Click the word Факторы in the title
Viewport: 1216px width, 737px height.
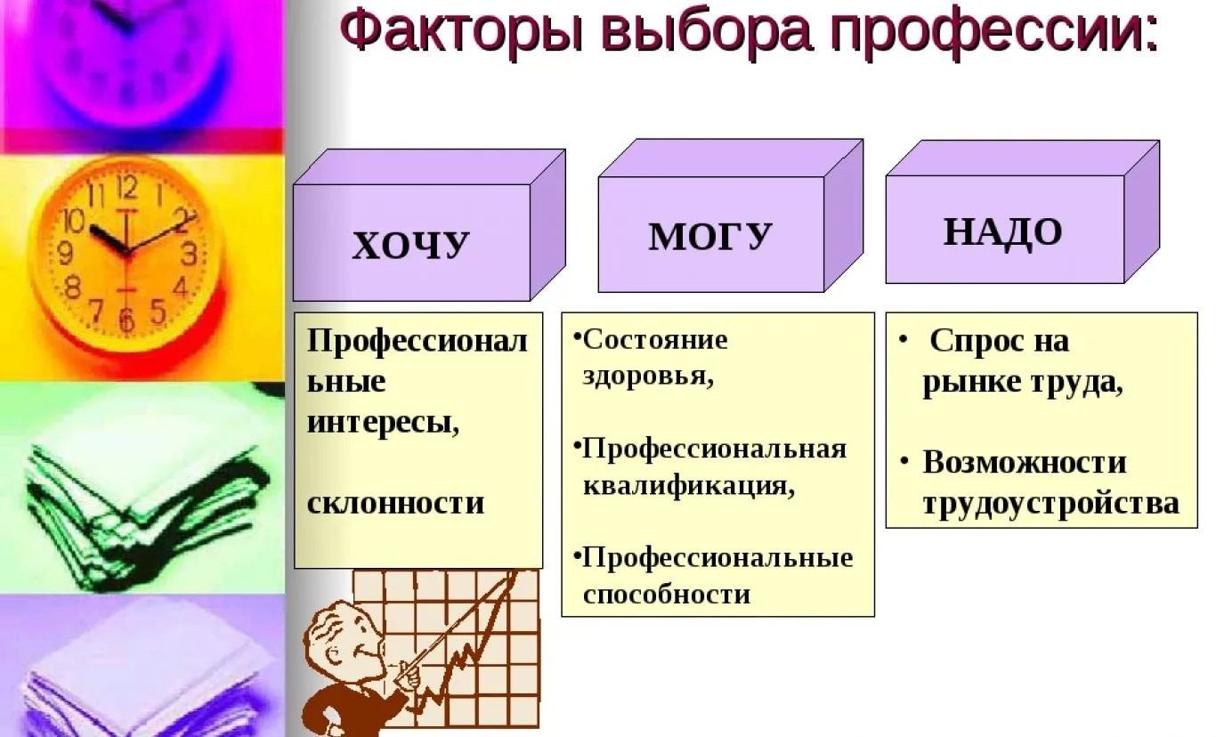461,30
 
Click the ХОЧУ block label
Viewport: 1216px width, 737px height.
410,245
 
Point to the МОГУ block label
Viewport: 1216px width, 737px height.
710,236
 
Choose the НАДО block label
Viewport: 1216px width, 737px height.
1002,232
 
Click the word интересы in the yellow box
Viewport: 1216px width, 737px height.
383,422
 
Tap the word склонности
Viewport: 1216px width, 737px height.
395,503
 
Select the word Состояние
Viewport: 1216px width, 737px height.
654,340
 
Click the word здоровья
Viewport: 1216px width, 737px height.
648,376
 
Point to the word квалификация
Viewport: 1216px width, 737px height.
688,484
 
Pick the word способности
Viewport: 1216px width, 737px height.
667,595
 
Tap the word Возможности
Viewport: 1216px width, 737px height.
1025,462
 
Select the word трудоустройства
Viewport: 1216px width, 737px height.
1051,504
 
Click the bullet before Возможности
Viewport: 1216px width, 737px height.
904,461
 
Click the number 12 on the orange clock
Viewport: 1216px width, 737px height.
127,187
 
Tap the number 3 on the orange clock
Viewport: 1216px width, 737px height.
189,254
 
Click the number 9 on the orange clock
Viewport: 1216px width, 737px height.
65,253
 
